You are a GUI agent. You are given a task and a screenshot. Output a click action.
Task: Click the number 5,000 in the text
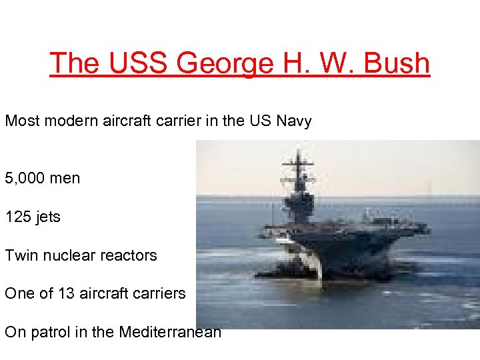coord(25,178)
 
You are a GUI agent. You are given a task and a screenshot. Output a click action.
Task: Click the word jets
coord(47,217)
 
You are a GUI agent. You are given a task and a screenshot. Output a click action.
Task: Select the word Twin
coord(20,255)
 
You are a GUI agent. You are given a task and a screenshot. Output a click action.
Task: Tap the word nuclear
coord(65,255)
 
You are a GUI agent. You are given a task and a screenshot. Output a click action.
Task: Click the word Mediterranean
coord(169,332)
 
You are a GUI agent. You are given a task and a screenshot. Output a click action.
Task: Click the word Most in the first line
coord(21,121)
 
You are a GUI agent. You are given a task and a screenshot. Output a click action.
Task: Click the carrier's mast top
coord(298,153)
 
